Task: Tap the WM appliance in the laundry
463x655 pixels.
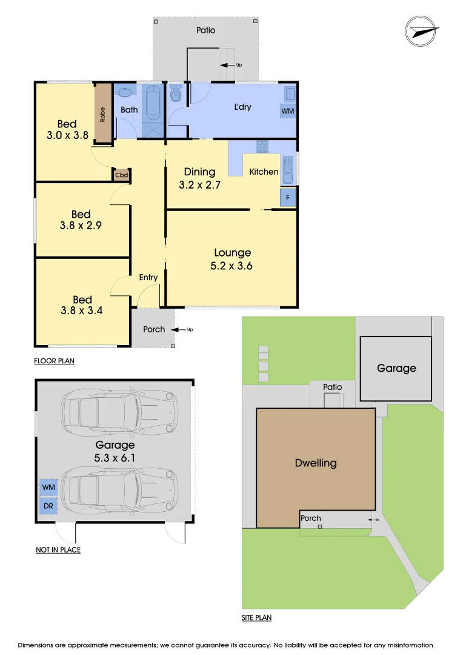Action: pos(287,111)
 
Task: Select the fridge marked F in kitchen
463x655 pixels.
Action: pos(288,197)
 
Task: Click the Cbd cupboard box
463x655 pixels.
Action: pos(120,175)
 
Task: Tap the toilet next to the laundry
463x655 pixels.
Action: pos(176,94)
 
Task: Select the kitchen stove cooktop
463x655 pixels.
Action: pos(263,146)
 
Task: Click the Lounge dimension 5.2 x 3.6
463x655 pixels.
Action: pos(233,266)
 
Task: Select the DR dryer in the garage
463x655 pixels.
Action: pos(48,505)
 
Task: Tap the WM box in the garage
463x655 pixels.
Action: pos(48,486)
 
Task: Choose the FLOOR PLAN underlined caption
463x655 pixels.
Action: pos(54,361)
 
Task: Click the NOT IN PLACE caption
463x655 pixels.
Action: pos(58,550)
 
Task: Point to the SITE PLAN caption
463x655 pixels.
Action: pos(256,618)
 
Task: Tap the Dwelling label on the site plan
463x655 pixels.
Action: pos(315,463)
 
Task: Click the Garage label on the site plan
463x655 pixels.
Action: pos(396,368)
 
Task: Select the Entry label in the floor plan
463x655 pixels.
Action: pos(148,277)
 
